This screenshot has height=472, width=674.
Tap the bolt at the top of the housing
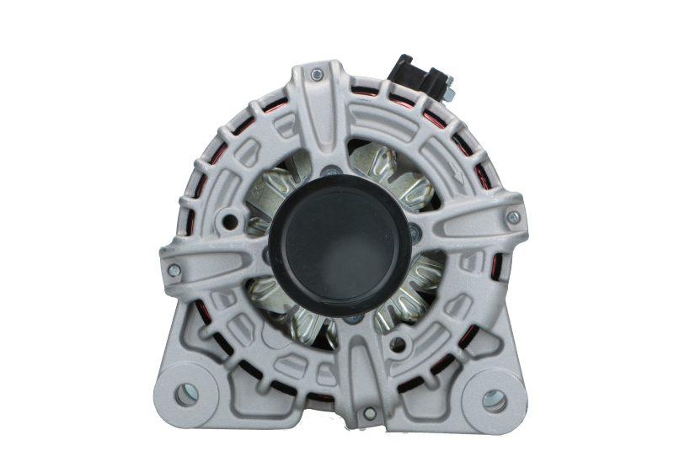click(x=314, y=77)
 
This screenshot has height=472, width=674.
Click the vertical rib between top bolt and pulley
click(x=319, y=126)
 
